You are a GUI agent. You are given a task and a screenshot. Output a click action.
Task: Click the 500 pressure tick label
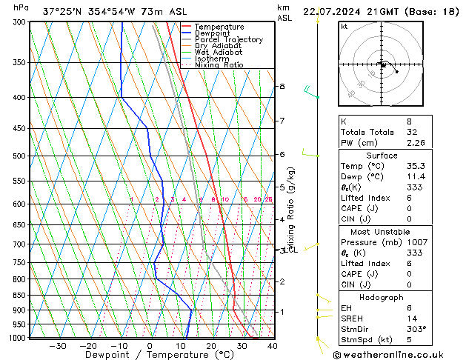pyautogui.click(x=20, y=156)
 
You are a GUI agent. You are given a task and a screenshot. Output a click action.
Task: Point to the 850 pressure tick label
pyautogui.click(x=20, y=295)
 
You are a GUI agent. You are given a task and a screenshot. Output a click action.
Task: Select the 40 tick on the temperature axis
pyautogui.click(x=272, y=346)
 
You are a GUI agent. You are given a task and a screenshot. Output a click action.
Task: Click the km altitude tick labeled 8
pyautogui.click(x=282, y=87)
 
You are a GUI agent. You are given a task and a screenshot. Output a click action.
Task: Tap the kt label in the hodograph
pyautogui.click(x=344, y=27)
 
